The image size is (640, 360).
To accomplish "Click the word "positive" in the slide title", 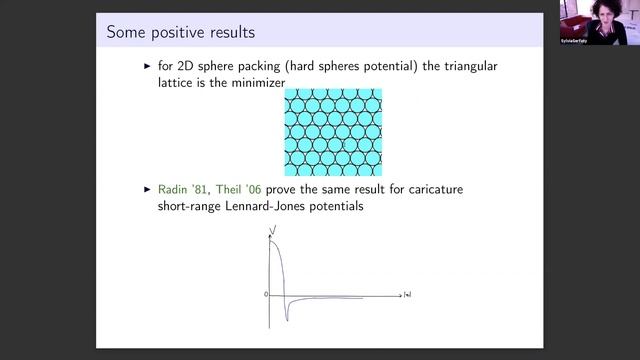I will [170, 34].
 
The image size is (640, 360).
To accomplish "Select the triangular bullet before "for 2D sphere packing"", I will [148, 66].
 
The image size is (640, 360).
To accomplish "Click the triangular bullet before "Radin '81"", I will [148, 187].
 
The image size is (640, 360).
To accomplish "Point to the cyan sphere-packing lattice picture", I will [333, 132].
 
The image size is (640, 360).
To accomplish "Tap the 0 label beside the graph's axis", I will [266, 295].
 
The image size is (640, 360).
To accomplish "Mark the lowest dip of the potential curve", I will [287, 319].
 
